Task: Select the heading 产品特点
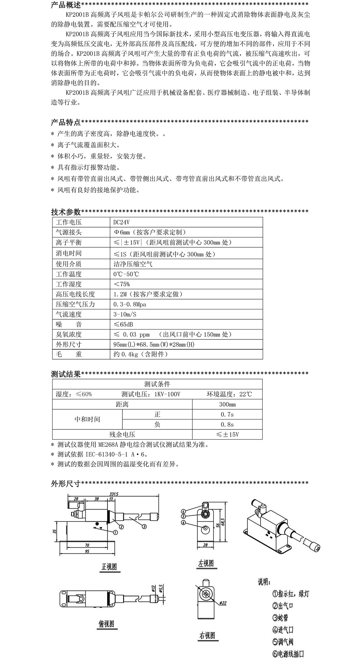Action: click(66, 122)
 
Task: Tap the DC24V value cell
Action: click(121, 222)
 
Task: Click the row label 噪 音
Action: click(69, 324)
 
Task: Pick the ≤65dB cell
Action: click(123, 324)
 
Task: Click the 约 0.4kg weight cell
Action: click(141, 354)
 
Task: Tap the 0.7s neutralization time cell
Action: click(227, 414)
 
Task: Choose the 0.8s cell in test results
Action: click(227, 424)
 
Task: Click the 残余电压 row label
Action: click(122, 434)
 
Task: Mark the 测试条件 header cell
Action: click(157, 384)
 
